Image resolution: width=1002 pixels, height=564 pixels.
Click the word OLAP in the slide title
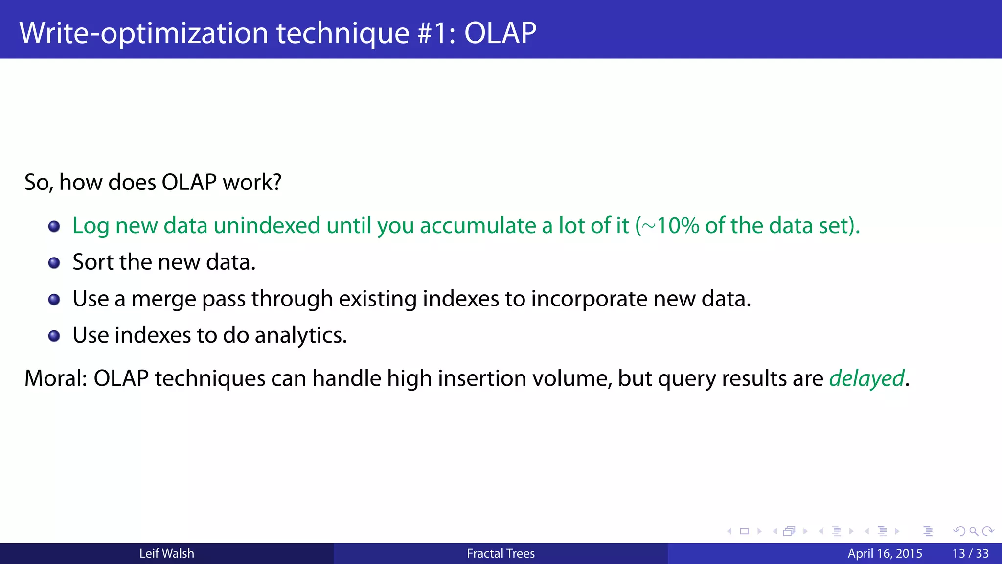(500, 33)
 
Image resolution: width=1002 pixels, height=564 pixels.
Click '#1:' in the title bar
(436, 33)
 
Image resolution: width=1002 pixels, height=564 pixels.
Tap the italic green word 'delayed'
(866, 378)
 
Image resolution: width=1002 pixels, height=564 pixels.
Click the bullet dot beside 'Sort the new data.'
(54, 263)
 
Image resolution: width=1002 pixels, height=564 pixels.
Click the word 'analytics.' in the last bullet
(300, 336)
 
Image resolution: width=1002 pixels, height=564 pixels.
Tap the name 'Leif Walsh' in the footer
(166, 553)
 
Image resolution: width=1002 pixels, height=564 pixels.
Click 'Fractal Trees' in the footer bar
(501, 553)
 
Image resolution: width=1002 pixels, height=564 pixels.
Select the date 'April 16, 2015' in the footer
(885, 553)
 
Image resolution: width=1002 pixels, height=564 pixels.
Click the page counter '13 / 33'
(970, 553)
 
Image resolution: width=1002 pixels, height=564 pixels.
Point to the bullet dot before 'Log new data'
(54, 226)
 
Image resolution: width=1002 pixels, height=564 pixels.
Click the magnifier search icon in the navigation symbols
(973, 531)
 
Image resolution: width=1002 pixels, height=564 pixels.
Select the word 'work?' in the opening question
(252, 182)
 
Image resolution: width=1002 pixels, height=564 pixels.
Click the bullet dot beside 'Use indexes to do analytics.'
(54, 336)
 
